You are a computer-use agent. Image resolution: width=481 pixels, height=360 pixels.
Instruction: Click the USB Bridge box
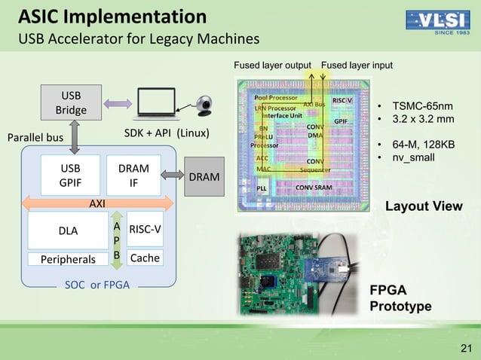click(x=71, y=103)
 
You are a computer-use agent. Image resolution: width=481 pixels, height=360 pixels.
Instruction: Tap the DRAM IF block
click(x=133, y=175)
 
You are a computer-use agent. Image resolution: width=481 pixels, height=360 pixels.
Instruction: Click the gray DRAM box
click(x=204, y=177)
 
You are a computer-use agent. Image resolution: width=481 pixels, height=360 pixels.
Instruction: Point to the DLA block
click(x=68, y=230)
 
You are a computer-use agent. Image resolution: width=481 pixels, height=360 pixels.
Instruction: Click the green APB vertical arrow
click(x=116, y=240)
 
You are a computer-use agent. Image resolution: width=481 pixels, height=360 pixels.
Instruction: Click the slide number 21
click(x=464, y=346)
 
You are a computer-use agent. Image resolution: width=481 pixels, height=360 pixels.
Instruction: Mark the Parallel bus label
click(x=35, y=139)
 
